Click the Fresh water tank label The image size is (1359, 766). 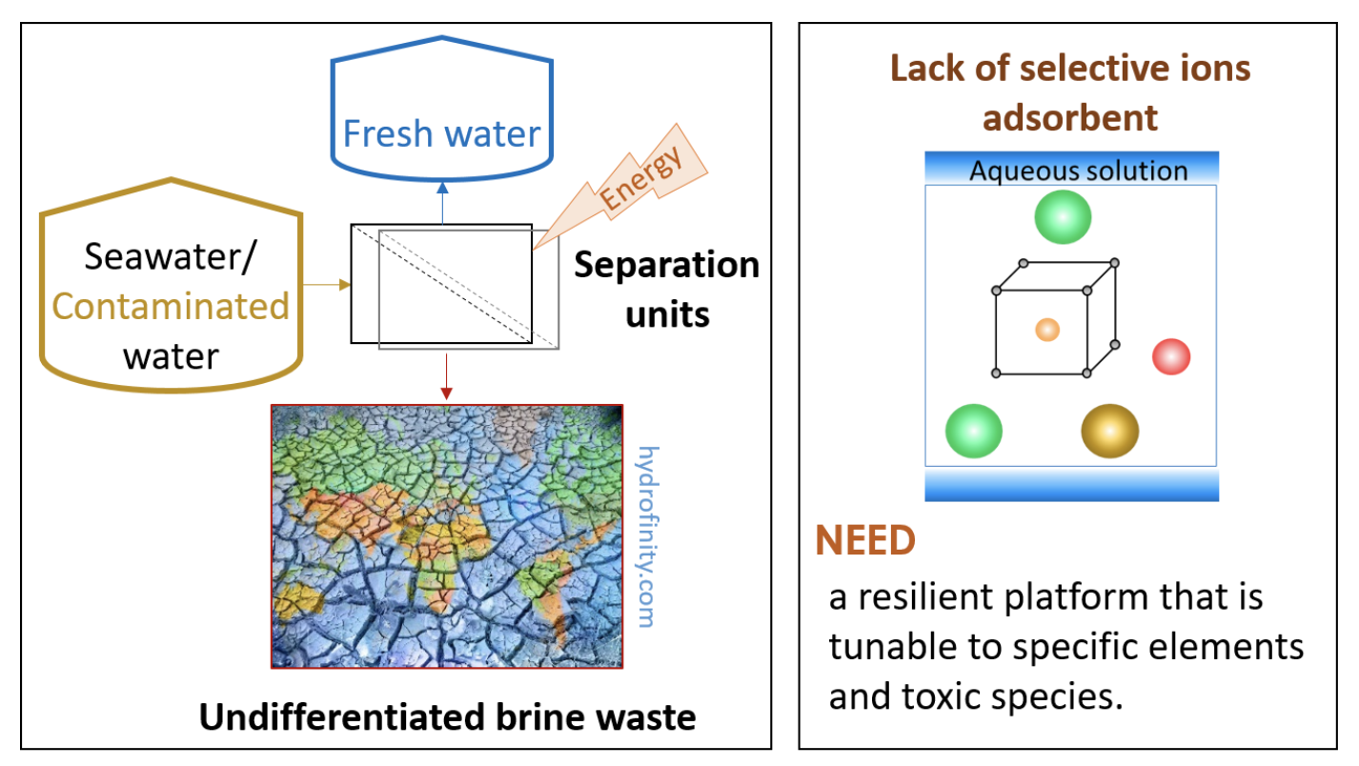coord(441,133)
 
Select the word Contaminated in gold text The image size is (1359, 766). coord(171,307)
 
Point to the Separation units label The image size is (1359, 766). coord(667,289)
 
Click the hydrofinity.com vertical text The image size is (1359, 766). coord(647,535)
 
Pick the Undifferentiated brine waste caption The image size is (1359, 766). coord(447,717)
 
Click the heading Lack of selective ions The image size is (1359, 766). coord(1070,69)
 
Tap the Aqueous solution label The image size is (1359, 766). coord(1078,171)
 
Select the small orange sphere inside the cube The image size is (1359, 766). coord(1047,330)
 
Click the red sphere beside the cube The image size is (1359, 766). coord(1171,357)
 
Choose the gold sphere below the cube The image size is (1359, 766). coord(1109,431)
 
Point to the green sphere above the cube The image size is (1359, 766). coord(1063,217)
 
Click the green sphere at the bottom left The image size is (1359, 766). coord(973,431)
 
